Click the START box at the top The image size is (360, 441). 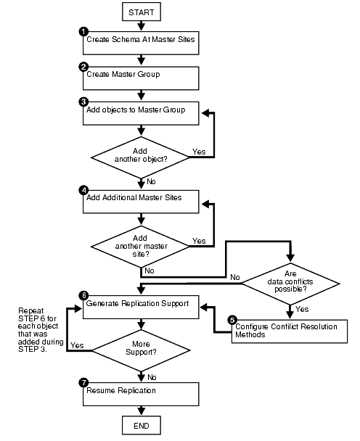pyautogui.click(x=141, y=12)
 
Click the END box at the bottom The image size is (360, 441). pyautogui.click(x=141, y=424)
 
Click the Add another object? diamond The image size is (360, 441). pyautogui.click(x=141, y=157)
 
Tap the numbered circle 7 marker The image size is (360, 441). pyautogui.click(x=84, y=382)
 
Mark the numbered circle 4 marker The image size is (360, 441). pyautogui.click(x=84, y=190)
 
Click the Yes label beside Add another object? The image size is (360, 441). pyautogui.click(x=199, y=153)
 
